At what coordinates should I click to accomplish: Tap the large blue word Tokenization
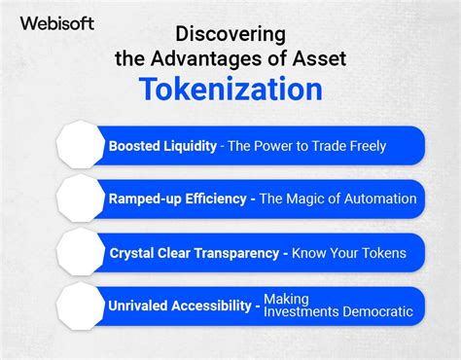pyautogui.click(x=230, y=90)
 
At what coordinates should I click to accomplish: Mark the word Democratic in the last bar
pyautogui.click(x=377, y=312)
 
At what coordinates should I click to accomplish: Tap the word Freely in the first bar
pyautogui.click(x=363, y=146)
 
